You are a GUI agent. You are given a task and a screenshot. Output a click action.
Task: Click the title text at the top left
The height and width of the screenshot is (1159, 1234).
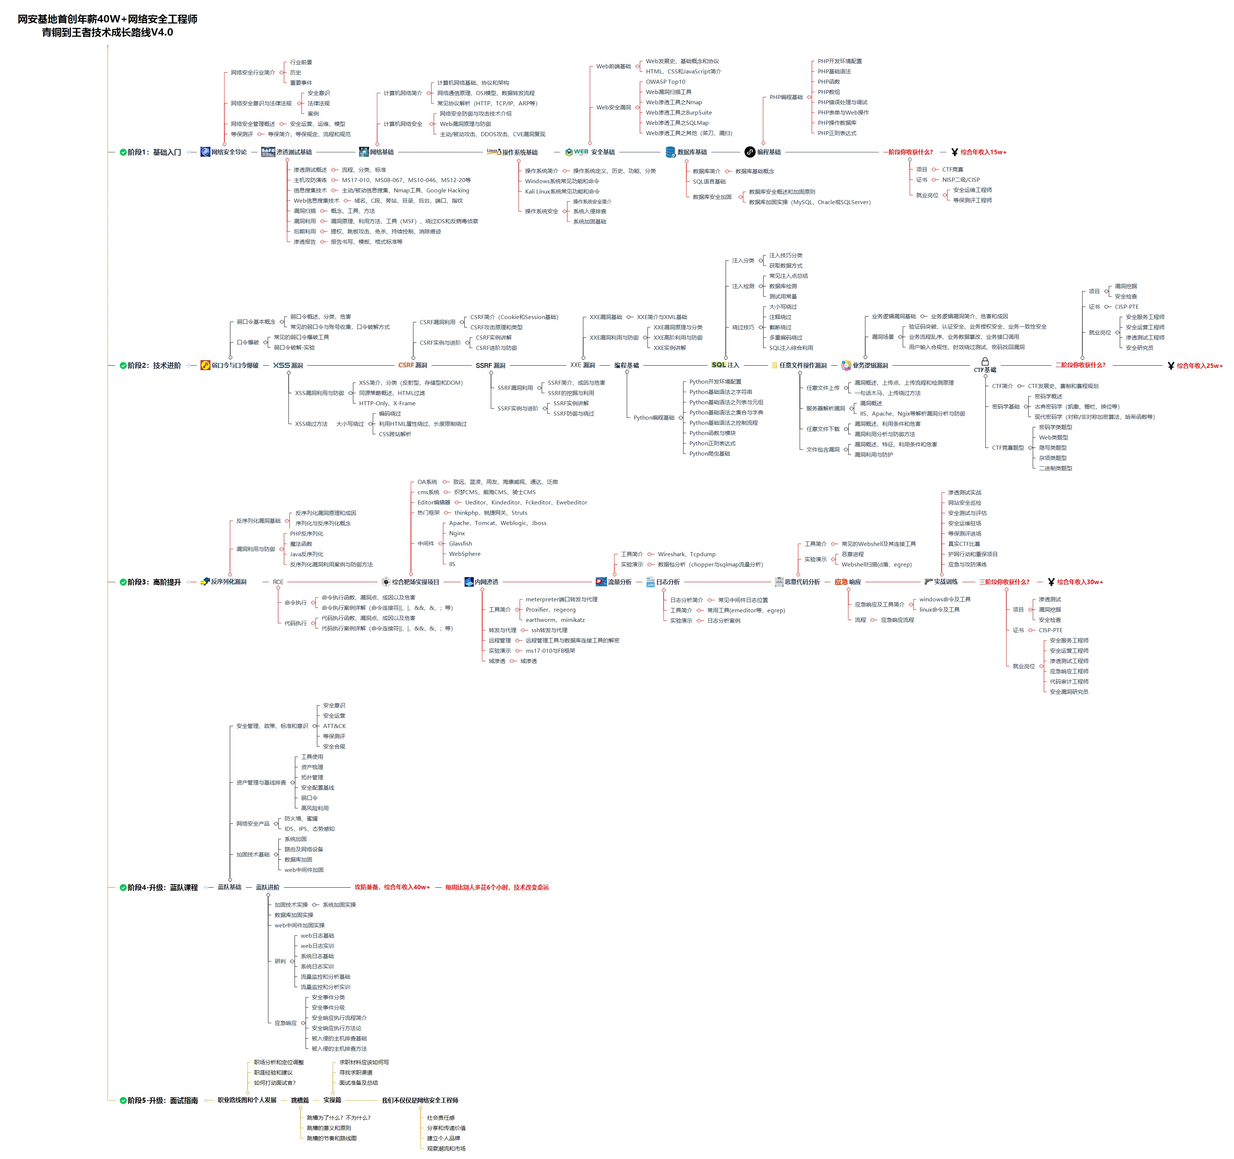coord(107,25)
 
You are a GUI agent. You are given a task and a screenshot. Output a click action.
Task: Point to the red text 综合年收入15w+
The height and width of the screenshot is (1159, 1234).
coord(983,152)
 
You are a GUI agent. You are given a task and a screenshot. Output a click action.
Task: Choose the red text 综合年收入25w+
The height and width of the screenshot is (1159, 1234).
coord(1199,365)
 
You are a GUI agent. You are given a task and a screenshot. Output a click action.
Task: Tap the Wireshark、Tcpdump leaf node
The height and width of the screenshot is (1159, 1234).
coord(686,554)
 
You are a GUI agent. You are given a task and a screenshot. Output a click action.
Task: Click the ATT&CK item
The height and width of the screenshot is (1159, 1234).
coord(334,726)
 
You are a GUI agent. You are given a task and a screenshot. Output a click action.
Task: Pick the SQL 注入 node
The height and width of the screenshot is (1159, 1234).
coord(725,365)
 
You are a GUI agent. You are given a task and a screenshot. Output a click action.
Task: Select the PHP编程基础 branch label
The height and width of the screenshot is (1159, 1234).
coord(786,97)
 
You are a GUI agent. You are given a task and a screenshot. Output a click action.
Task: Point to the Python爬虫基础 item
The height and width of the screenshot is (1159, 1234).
coord(710,453)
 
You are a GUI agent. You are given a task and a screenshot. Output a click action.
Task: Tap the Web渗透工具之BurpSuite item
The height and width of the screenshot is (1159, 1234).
coord(678,112)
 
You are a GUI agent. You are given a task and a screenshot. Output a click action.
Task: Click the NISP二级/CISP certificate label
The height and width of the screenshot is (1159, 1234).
coord(961,180)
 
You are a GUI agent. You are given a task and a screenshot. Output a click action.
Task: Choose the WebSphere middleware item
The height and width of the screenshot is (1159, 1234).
coord(464,554)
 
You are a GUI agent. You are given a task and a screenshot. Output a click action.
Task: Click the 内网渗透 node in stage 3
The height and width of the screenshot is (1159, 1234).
coord(486,582)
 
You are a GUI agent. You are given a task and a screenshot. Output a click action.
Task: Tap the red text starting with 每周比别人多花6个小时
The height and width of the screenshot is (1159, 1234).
coord(497,887)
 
